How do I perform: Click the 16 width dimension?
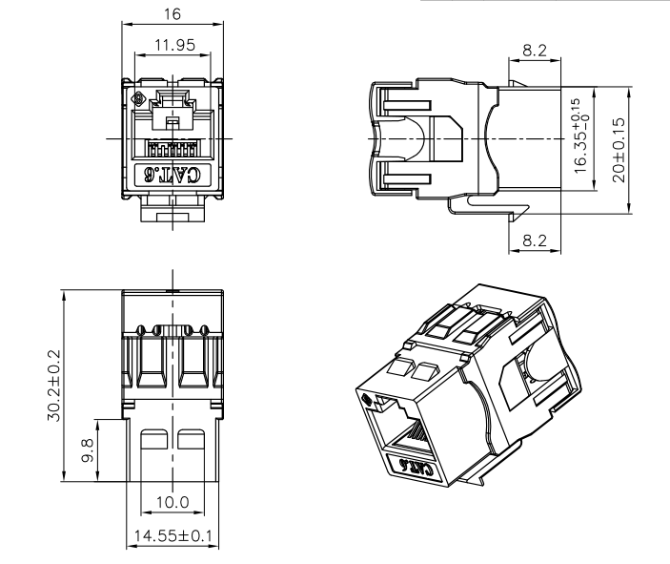(x=173, y=14)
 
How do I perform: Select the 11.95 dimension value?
(x=174, y=45)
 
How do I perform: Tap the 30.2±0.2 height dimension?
(x=54, y=386)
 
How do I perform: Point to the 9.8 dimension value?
(x=88, y=451)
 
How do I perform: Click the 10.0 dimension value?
(x=173, y=502)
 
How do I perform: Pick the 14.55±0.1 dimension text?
(x=173, y=535)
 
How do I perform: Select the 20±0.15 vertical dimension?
(x=619, y=150)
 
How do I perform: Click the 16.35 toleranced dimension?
(x=582, y=136)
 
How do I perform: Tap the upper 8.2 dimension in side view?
(x=535, y=51)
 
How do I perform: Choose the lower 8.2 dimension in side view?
(x=535, y=240)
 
